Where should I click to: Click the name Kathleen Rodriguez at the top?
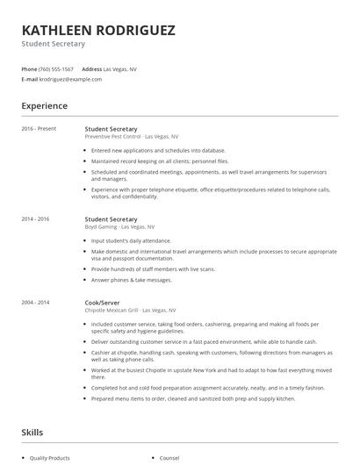[x=98, y=30]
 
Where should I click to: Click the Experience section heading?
[x=45, y=106]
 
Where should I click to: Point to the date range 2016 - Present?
[x=39, y=129]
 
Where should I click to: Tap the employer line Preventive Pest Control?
[x=131, y=137]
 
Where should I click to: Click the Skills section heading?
[x=32, y=432]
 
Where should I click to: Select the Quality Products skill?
[x=51, y=457]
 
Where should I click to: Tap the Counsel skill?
[x=169, y=457]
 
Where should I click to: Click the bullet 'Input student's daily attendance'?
[x=132, y=240]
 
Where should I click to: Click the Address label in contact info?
[x=91, y=68]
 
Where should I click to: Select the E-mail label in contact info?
[x=30, y=79]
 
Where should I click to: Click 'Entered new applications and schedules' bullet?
[x=158, y=150]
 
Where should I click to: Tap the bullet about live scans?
[x=153, y=268]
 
